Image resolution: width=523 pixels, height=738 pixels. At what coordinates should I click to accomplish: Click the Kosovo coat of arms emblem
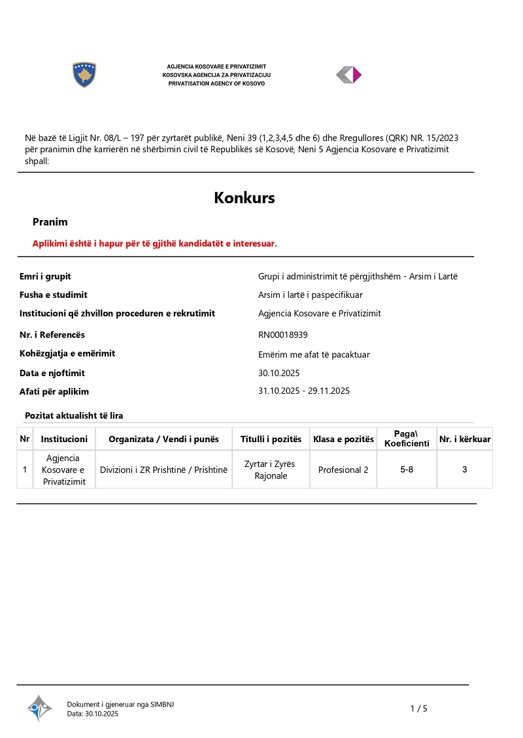84,75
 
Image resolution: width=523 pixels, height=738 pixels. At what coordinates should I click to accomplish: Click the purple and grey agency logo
348,75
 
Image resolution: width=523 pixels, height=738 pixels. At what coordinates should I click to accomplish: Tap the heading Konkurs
245,198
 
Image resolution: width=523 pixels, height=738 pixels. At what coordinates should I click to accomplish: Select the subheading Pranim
50,222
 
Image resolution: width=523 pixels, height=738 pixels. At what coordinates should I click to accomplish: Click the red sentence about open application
155,244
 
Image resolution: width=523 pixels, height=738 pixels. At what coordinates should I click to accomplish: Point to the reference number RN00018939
283,335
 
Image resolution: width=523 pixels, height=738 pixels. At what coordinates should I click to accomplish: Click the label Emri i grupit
45,276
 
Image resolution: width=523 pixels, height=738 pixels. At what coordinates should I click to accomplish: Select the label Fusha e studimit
54,295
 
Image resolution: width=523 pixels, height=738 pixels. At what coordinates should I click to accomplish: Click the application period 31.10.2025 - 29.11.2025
304,391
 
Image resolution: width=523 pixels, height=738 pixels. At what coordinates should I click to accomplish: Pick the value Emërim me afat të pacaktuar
314,355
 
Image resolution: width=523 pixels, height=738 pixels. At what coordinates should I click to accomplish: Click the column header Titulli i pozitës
271,439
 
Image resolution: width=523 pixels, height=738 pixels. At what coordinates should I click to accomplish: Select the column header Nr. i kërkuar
465,439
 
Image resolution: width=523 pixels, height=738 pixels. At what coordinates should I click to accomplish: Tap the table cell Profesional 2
343,470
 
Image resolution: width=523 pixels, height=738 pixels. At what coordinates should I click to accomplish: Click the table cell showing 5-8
407,470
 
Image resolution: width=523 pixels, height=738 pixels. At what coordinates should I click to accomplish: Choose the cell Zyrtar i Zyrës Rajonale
269,470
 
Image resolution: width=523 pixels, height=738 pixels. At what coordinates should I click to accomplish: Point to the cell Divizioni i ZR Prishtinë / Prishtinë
163,470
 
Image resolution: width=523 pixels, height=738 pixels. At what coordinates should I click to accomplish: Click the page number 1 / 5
418,709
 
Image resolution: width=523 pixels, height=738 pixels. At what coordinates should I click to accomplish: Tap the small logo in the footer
39,707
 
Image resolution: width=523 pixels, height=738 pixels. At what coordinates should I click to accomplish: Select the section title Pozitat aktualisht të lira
74,415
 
